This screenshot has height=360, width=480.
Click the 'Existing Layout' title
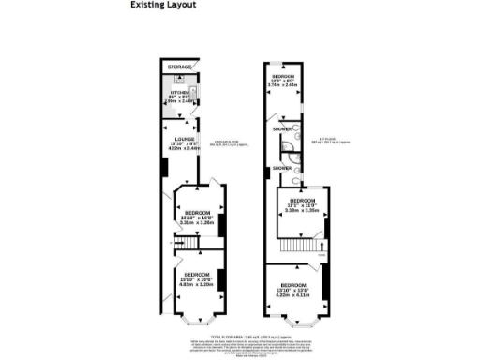163,5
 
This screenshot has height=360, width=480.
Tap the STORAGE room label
180,68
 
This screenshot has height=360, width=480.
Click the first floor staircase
300,246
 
